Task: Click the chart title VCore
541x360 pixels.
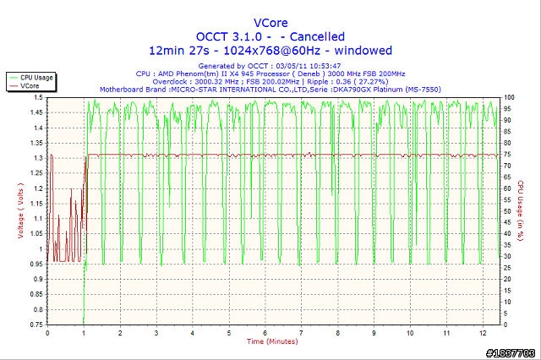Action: click(x=270, y=22)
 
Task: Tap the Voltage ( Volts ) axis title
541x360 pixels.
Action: click(x=20, y=210)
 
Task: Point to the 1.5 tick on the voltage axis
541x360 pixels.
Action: click(x=38, y=98)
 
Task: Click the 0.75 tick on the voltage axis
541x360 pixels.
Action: click(x=36, y=324)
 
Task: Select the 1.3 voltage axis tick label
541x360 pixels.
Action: click(x=38, y=158)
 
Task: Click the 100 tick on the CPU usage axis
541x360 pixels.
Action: click(x=509, y=98)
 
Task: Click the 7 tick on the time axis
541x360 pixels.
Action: click(x=301, y=332)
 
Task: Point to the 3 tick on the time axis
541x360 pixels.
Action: click(x=156, y=332)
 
